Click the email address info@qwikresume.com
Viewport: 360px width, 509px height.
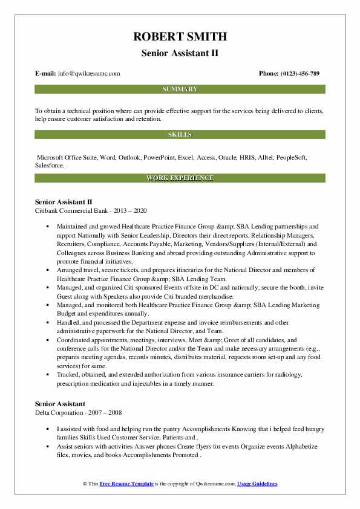90,74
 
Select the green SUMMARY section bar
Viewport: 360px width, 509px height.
180,89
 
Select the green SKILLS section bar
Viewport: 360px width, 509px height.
180,134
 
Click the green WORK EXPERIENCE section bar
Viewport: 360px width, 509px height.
180,178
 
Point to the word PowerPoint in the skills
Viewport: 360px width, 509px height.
159,157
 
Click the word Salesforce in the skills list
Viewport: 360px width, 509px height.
49,164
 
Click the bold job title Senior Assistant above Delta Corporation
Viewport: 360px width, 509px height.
60,404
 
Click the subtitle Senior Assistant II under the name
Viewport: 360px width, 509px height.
180,54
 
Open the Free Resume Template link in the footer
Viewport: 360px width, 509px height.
123,484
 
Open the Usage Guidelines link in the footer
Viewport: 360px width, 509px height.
257,484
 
